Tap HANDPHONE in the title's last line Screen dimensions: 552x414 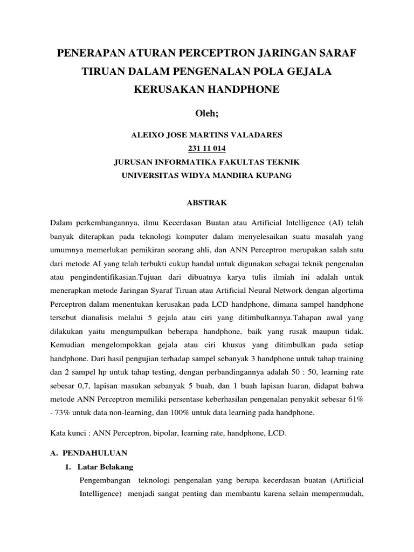coord(246,89)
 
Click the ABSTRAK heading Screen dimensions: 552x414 coord(206,203)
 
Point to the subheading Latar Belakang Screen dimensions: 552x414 coord(105,466)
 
